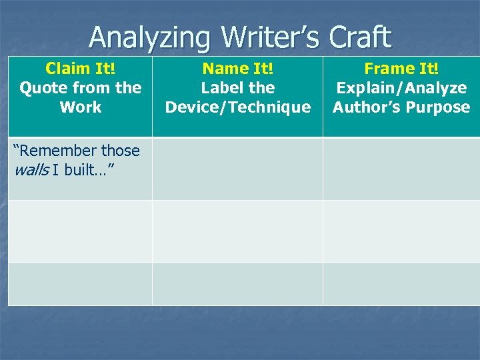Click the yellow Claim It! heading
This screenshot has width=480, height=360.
tap(80, 69)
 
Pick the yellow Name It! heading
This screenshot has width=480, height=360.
tap(238, 69)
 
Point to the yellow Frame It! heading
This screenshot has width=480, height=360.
tap(401, 69)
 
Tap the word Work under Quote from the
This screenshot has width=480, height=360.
tap(80, 107)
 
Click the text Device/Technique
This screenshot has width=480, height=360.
tap(238, 107)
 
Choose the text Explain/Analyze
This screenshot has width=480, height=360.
tap(401, 88)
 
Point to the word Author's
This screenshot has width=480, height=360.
tap(367, 107)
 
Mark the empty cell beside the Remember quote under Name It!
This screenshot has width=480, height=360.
tap(238, 168)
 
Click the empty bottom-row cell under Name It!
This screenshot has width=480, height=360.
tap(238, 284)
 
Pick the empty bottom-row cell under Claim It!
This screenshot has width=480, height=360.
tap(80, 284)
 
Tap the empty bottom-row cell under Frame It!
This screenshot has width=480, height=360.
tap(401, 284)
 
